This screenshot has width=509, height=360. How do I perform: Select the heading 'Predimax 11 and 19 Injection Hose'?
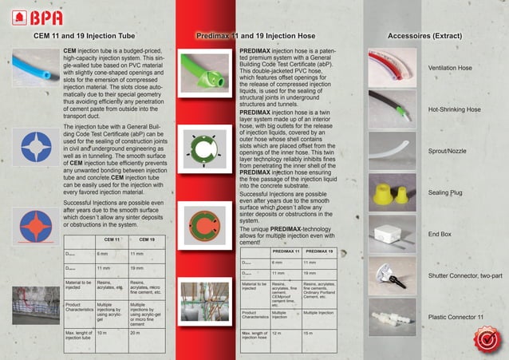[265, 37]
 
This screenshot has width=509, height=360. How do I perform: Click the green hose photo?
[203, 70]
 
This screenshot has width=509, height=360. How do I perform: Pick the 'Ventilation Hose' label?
[451, 69]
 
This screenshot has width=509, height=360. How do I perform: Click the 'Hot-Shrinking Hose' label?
[454, 109]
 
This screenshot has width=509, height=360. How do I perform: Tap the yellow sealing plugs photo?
[392, 192]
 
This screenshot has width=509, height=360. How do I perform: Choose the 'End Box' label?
[440, 235]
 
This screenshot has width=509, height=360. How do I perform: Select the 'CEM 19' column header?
[147, 239]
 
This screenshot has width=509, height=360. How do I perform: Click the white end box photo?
[392, 234]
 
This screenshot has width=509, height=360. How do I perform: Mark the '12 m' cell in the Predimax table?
[276, 334]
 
